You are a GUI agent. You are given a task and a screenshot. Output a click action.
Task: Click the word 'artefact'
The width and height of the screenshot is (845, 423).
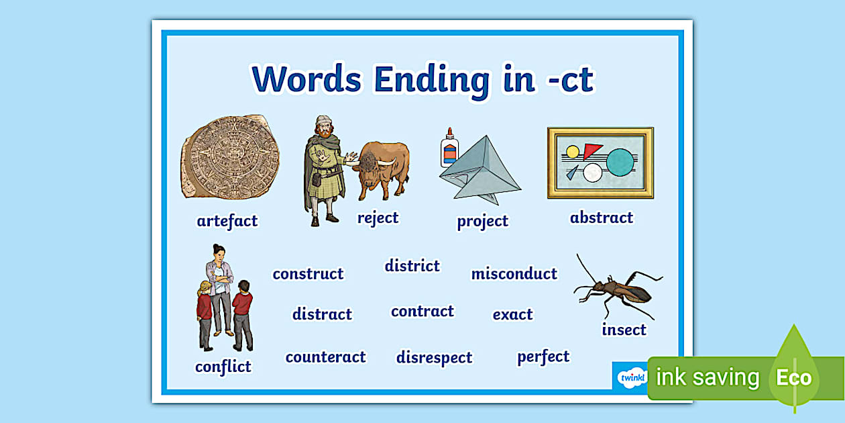point(227,221)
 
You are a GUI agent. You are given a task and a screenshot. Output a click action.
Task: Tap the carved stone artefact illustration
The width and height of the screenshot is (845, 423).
point(230,156)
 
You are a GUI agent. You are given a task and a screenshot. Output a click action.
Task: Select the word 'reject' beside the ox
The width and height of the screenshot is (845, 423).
point(378,218)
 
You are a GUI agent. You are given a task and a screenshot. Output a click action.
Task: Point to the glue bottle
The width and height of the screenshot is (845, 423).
point(449,148)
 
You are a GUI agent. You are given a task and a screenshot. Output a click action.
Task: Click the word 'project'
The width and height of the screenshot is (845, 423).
point(482,222)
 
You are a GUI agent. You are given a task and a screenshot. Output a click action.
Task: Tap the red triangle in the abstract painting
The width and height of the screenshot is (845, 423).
point(591,150)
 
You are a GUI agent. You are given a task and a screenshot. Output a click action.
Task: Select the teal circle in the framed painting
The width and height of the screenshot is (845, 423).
point(620,162)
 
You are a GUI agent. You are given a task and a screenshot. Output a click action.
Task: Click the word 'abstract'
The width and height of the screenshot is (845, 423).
point(602,218)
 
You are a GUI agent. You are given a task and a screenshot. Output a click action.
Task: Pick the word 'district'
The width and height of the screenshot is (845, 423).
point(412,266)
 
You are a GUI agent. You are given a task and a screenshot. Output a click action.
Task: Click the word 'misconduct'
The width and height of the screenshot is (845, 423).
point(514,274)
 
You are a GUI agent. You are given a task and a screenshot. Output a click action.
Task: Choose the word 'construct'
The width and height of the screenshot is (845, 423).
point(308,274)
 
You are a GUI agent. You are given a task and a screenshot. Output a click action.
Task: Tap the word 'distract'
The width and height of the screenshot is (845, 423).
point(322,314)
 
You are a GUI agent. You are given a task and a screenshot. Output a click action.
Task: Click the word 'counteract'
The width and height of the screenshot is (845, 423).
point(325,357)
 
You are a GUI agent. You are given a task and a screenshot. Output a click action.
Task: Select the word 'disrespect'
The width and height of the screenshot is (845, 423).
point(434,358)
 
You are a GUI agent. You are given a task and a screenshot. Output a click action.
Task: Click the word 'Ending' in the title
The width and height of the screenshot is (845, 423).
point(432,81)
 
